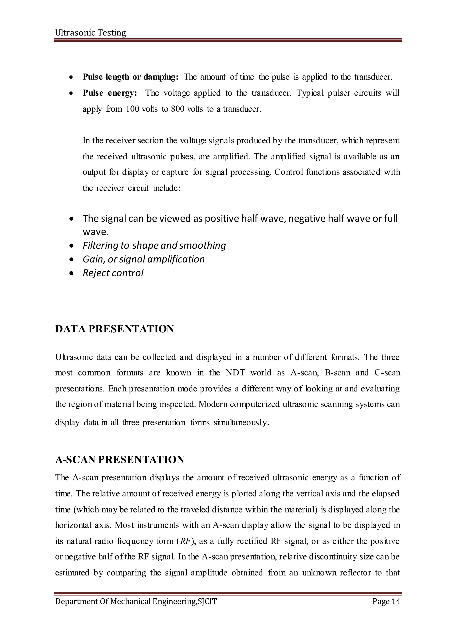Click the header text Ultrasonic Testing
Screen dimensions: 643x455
90,33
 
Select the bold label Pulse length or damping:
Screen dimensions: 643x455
130,77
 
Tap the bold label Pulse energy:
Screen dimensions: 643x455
110,93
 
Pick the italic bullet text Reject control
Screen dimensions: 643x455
113,273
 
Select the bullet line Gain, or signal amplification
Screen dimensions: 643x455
144,259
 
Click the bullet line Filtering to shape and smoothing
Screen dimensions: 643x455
154,245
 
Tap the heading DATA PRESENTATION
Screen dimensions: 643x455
115,329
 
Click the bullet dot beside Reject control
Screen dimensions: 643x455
72,273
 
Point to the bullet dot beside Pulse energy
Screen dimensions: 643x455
72,93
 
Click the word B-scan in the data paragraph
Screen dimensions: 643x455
337,373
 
